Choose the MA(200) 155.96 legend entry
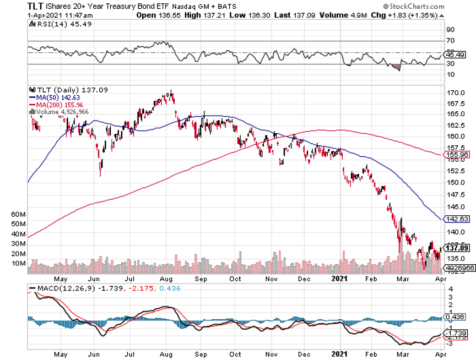[57, 104]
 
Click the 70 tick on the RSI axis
[450, 41]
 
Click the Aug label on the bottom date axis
[165, 355]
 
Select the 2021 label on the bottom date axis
[341, 355]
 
